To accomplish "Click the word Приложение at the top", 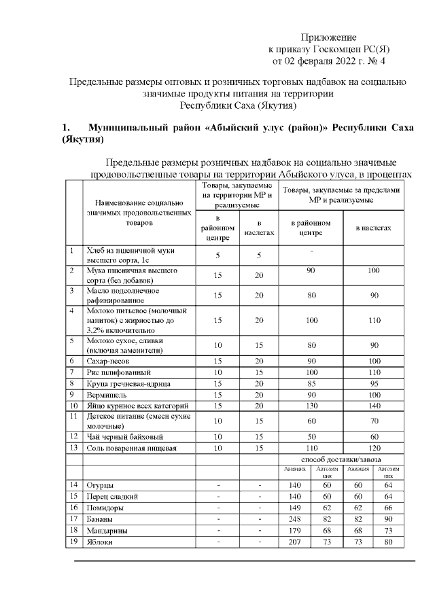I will coord(328,37).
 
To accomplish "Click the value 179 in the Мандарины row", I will coord(294,530).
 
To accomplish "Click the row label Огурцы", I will coord(99,485).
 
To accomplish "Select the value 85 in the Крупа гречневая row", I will coord(311,383).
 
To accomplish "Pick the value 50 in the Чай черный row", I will coord(311,436).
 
